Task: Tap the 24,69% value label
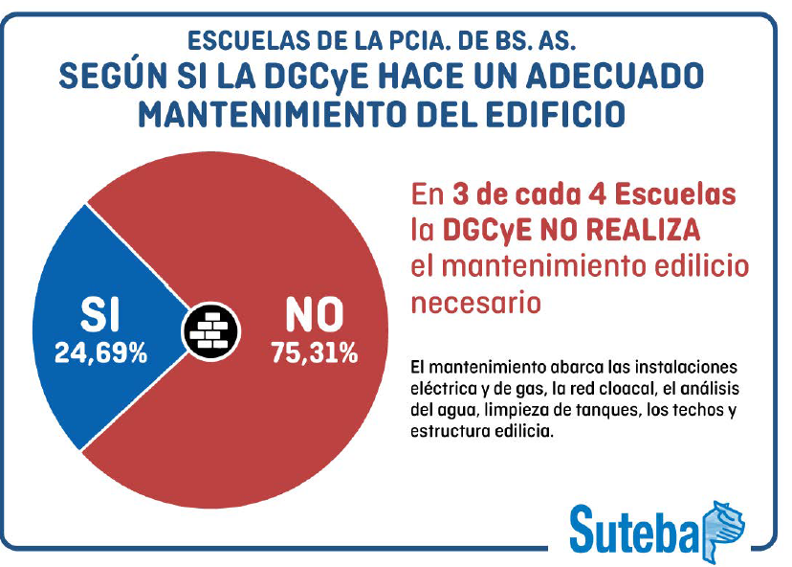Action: pos(100,353)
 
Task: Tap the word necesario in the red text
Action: pos(475,303)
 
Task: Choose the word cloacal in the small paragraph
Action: pos(612,390)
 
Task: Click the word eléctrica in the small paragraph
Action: pos(447,390)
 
